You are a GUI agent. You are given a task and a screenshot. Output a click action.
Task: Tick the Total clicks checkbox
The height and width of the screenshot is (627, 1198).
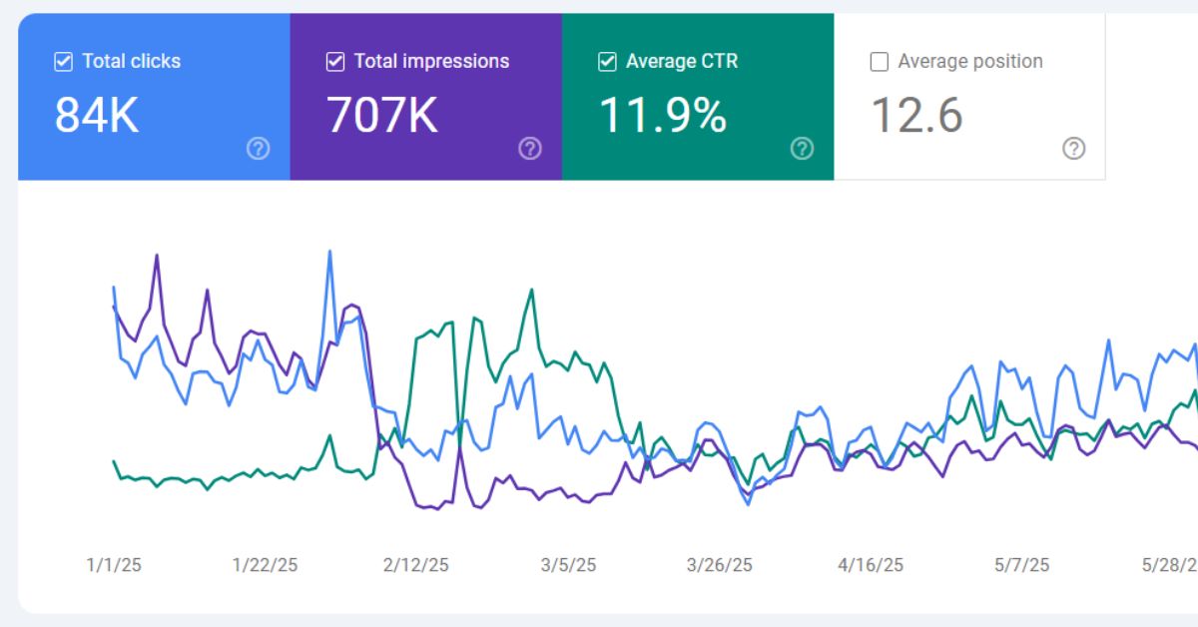pyautogui.click(x=63, y=62)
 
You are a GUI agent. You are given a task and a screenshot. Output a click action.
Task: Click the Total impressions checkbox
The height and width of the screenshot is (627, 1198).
pyautogui.click(x=335, y=62)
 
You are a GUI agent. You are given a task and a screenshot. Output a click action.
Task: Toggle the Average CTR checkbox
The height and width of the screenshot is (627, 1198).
pyautogui.click(x=607, y=62)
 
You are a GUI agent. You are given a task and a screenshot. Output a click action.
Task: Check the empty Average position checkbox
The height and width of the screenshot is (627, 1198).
pyautogui.click(x=880, y=62)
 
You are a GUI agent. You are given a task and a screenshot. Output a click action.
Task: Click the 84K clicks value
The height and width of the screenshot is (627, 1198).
pyautogui.click(x=96, y=116)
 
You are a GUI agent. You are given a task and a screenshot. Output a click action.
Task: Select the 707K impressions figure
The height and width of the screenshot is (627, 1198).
pyautogui.click(x=382, y=116)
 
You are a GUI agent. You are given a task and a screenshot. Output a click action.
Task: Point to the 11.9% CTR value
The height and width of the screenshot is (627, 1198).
pyautogui.click(x=662, y=116)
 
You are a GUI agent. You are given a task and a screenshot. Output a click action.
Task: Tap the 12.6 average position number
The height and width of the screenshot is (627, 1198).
pyautogui.click(x=916, y=116)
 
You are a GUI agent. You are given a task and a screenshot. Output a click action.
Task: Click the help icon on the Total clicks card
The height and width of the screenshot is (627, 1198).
pyautogui.click(x=259, y=149)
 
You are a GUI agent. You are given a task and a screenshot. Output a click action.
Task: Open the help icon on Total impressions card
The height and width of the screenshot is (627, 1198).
pyautogui.click(x=530, y=149)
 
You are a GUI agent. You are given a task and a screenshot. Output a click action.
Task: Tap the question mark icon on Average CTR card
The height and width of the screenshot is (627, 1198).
pyautogui.click(x=802, y=149)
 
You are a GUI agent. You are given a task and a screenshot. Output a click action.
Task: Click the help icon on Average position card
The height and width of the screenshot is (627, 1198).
pyautogui.click(x=1074, y=149)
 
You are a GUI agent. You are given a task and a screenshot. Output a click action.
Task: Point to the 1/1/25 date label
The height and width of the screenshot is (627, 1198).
pyautogui.click(x=114, y=565)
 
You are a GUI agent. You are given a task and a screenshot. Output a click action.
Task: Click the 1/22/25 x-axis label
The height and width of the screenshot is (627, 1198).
pyautogui.click(x=265, y=565)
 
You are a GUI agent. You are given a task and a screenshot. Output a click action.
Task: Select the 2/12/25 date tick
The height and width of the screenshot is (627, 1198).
pyautogui.click(x=415, y=565)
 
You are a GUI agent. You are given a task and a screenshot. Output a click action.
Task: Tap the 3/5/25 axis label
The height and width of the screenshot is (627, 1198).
pyautogui.click(x=568, y=565)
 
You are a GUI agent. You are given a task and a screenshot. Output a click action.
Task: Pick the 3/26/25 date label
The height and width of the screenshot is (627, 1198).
pyautogui.click(x=719, y=565)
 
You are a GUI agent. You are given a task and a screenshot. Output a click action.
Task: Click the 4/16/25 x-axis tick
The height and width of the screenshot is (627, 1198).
pyautogui.click(x=871, y=565)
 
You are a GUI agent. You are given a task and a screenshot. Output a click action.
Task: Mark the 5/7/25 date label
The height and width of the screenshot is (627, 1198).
pyautogui.click(x=1022, y=565)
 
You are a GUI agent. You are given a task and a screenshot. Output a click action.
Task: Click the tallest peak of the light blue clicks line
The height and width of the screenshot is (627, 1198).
pyautogui.click(x=329, y=252)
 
